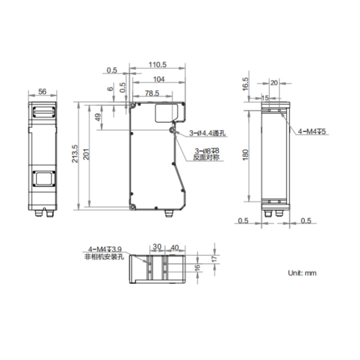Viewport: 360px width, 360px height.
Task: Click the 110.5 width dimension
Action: point(157,64)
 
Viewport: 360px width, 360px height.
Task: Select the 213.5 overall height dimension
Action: point(75,154)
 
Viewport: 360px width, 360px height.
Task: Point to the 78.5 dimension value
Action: point(152,93)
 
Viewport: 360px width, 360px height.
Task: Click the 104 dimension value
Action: point(159,79)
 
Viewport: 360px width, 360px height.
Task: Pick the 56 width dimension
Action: point(42,92)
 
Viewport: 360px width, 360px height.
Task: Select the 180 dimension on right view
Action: point(245,155)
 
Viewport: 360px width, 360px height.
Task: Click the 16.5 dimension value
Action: point(245,84)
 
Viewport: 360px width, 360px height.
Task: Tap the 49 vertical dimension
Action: point(98,118)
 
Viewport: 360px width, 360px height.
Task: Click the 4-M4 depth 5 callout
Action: point(312,132)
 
